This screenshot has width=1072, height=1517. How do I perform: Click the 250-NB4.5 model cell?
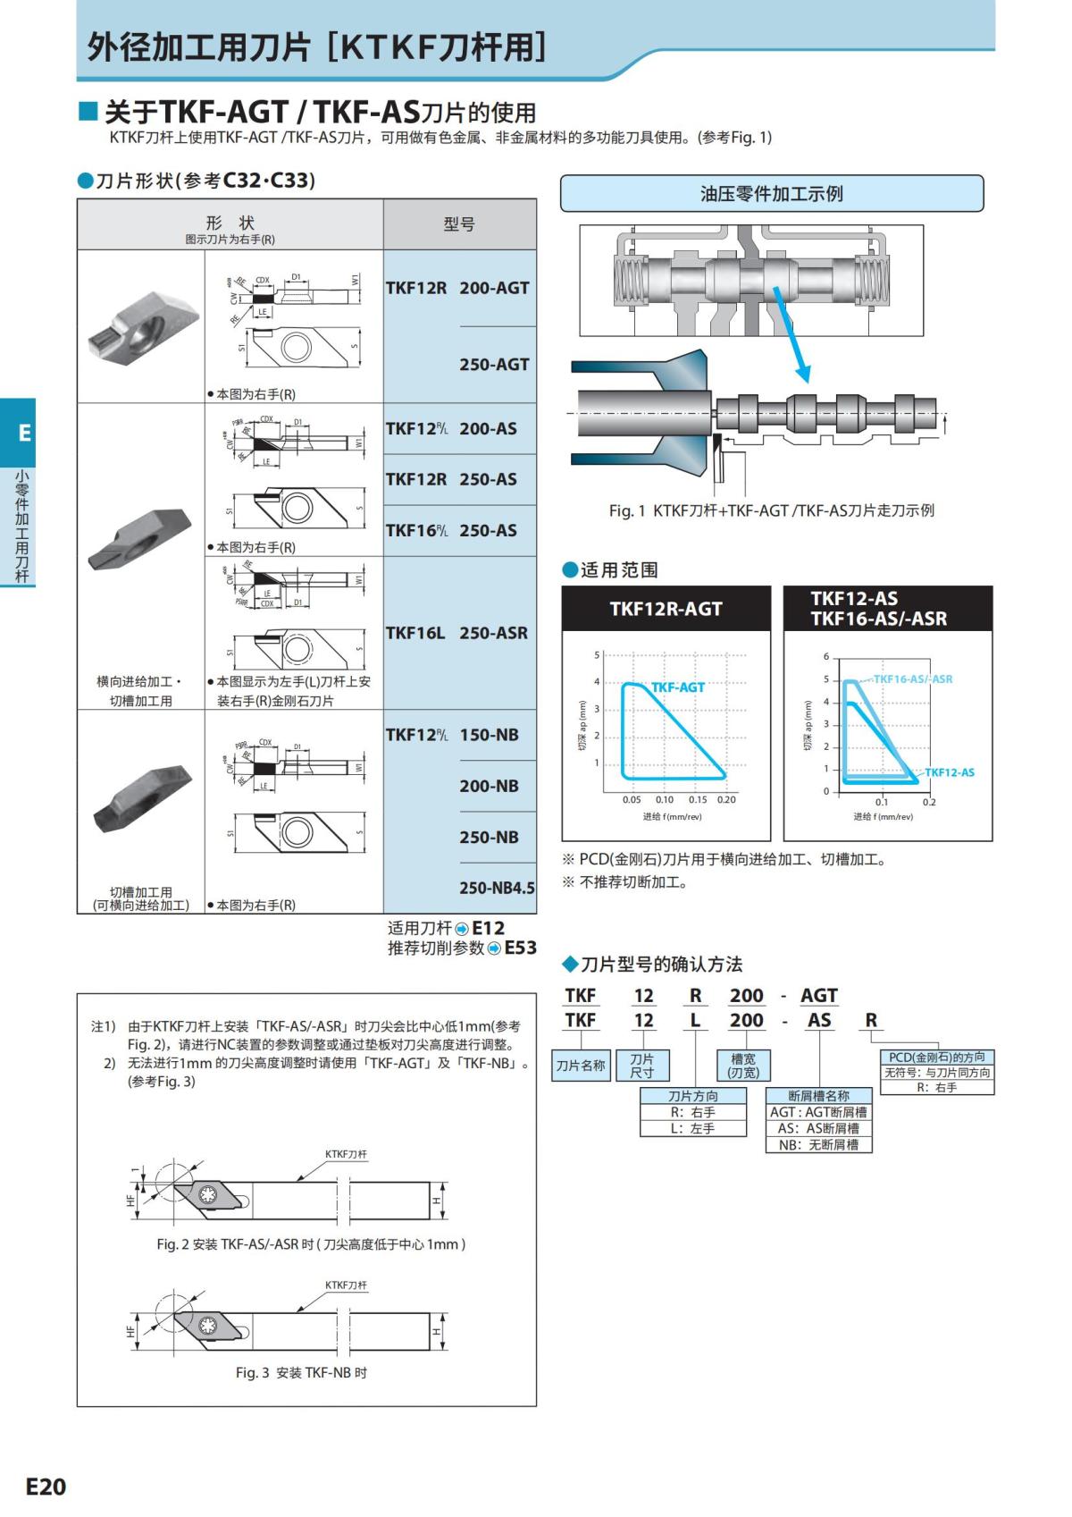(497, 888)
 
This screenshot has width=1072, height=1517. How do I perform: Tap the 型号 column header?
(459, 224)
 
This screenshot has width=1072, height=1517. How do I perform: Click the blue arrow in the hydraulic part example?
(792, 336)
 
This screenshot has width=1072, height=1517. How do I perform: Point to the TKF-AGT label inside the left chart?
(678, 687)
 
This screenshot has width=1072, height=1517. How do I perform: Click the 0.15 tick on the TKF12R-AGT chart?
(698, 800)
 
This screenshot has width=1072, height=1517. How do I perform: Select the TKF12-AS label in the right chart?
(950, 772)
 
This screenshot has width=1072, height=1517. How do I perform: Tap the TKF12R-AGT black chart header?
(666, 609)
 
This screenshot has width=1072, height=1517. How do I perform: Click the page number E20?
(46, 1486)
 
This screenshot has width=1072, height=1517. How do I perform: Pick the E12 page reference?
(488, 928)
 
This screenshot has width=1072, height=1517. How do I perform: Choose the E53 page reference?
(520, 948)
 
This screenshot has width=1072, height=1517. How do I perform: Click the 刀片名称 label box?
(581, 1066)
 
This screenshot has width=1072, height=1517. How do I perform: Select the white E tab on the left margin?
(24, 433)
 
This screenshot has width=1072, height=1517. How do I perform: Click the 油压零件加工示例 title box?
(772, 194)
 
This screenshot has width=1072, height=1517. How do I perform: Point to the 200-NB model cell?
(489, 786)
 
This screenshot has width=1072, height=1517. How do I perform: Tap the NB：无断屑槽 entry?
(818, 1144)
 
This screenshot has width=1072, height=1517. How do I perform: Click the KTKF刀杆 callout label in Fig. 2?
(346, 1154)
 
